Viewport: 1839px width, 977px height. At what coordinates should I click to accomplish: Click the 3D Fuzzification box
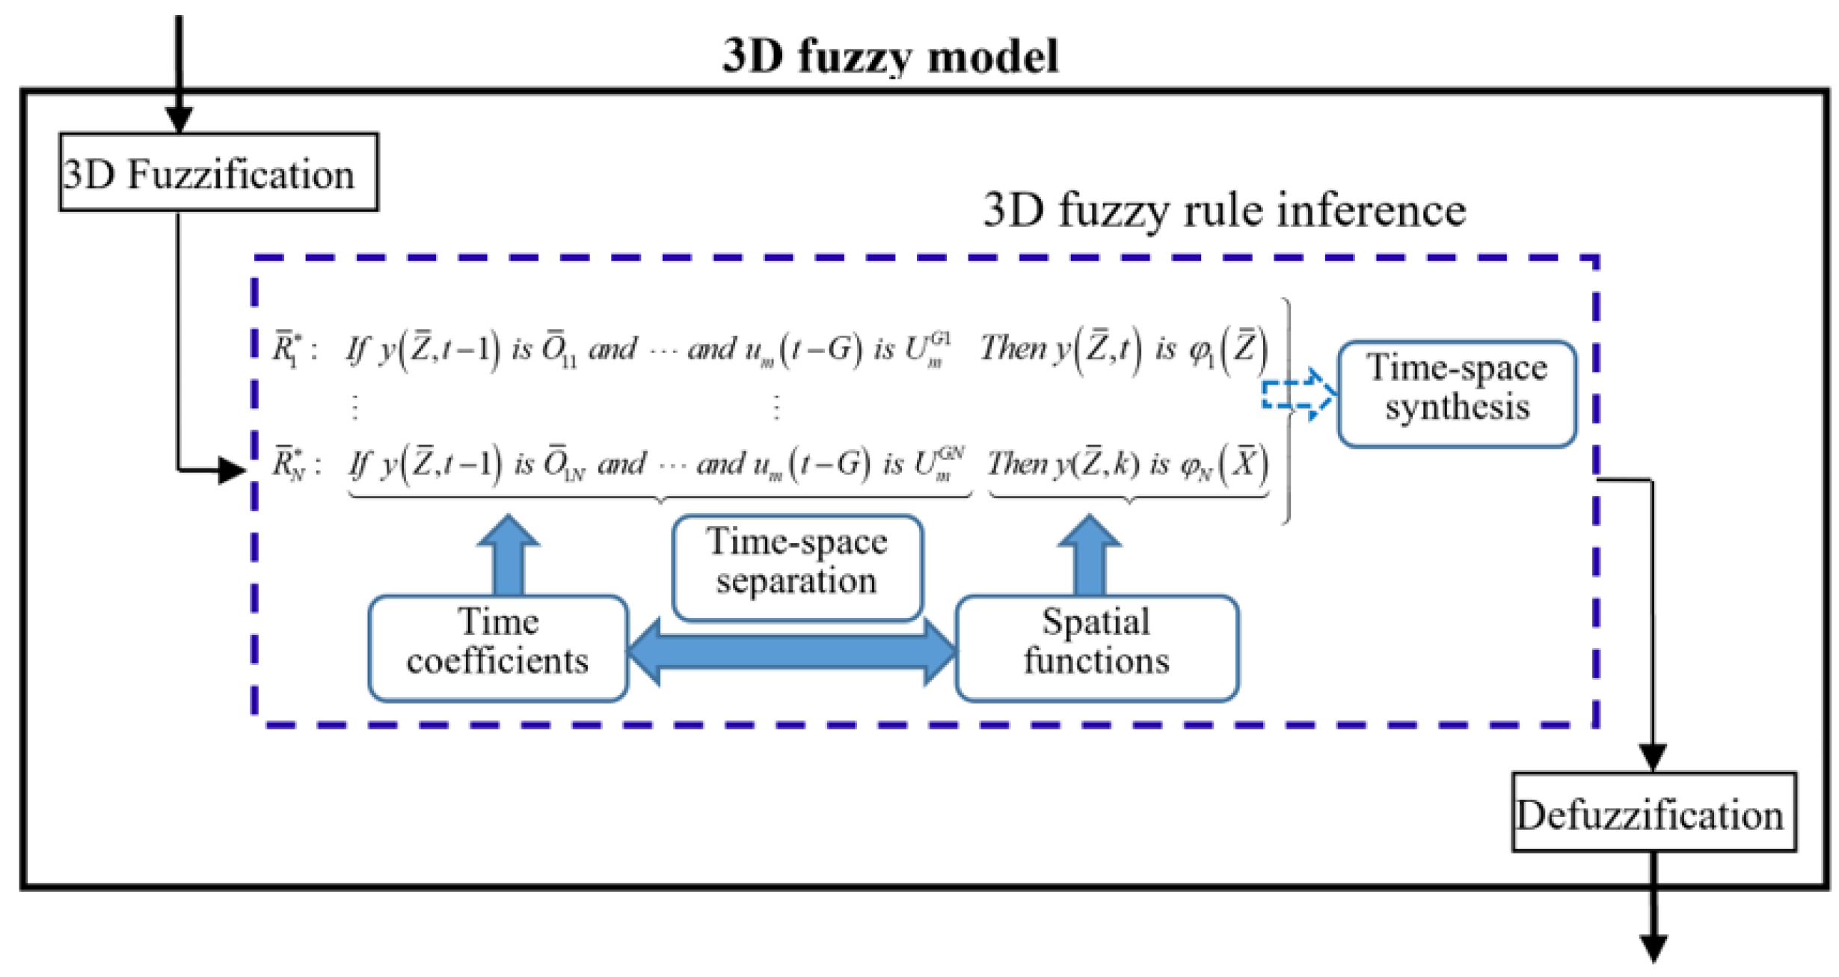pyautogui.click(x=218, y=173)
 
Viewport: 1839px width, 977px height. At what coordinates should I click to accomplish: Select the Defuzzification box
pyautogui.click(x=1653, y=813)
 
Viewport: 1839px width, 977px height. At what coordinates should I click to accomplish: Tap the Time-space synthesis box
pyautogui.click(x=1456, y=393)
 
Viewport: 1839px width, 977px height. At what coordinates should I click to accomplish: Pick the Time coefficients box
pyautogui.click(x=497, y=647)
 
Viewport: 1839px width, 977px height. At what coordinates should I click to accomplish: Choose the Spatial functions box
pyautogui.click(x=1096, y=647)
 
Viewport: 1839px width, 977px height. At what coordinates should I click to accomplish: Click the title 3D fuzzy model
pyautogui.click(x=890, y=55)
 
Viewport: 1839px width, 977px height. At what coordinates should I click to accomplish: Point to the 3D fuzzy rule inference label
pyautogui.click(x=1224, y=210)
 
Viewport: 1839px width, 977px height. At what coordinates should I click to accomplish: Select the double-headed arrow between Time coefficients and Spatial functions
pyautogui.click(x=791, y=651)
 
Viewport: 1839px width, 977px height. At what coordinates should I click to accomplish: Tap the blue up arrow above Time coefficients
pyautogui.click(x=509, y=554)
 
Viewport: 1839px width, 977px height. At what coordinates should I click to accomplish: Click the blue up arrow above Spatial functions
pyautogui.click(x=1089, y=554)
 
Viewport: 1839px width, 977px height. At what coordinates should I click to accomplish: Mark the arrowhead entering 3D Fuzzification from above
pyautogui.click(x=179, y=119)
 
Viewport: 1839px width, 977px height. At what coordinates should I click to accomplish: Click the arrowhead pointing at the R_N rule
pyautogui.click(x=232, y=471)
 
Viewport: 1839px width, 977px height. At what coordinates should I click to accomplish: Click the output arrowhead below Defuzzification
pyautogui.click(x=1654, y=948)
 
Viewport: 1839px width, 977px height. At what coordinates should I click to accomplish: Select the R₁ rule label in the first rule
pyautogui.click(x=288, y=349)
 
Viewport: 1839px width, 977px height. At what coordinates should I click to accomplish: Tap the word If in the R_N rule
pyautogui.click(x=359, y=465)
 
